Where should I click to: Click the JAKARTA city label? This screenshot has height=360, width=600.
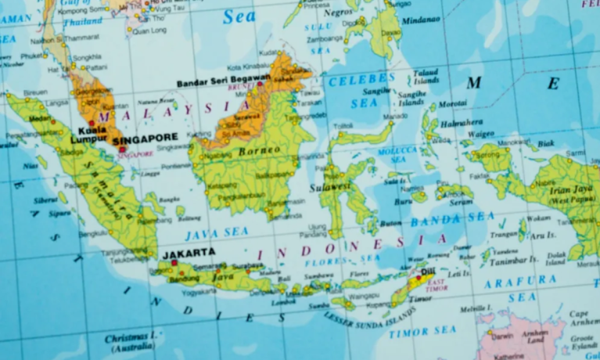click(189, 253)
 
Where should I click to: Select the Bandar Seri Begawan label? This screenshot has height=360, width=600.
click(223, 81)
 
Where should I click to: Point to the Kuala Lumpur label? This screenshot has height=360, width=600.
click(88, 135)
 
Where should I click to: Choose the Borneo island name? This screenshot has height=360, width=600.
click(259, 150)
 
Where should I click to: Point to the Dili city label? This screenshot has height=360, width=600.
click(428, 272)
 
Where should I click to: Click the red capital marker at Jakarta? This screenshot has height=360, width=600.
click(174, 263)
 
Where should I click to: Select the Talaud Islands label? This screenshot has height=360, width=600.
click(426, 76)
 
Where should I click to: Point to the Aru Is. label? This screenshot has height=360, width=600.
click(541, 234)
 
